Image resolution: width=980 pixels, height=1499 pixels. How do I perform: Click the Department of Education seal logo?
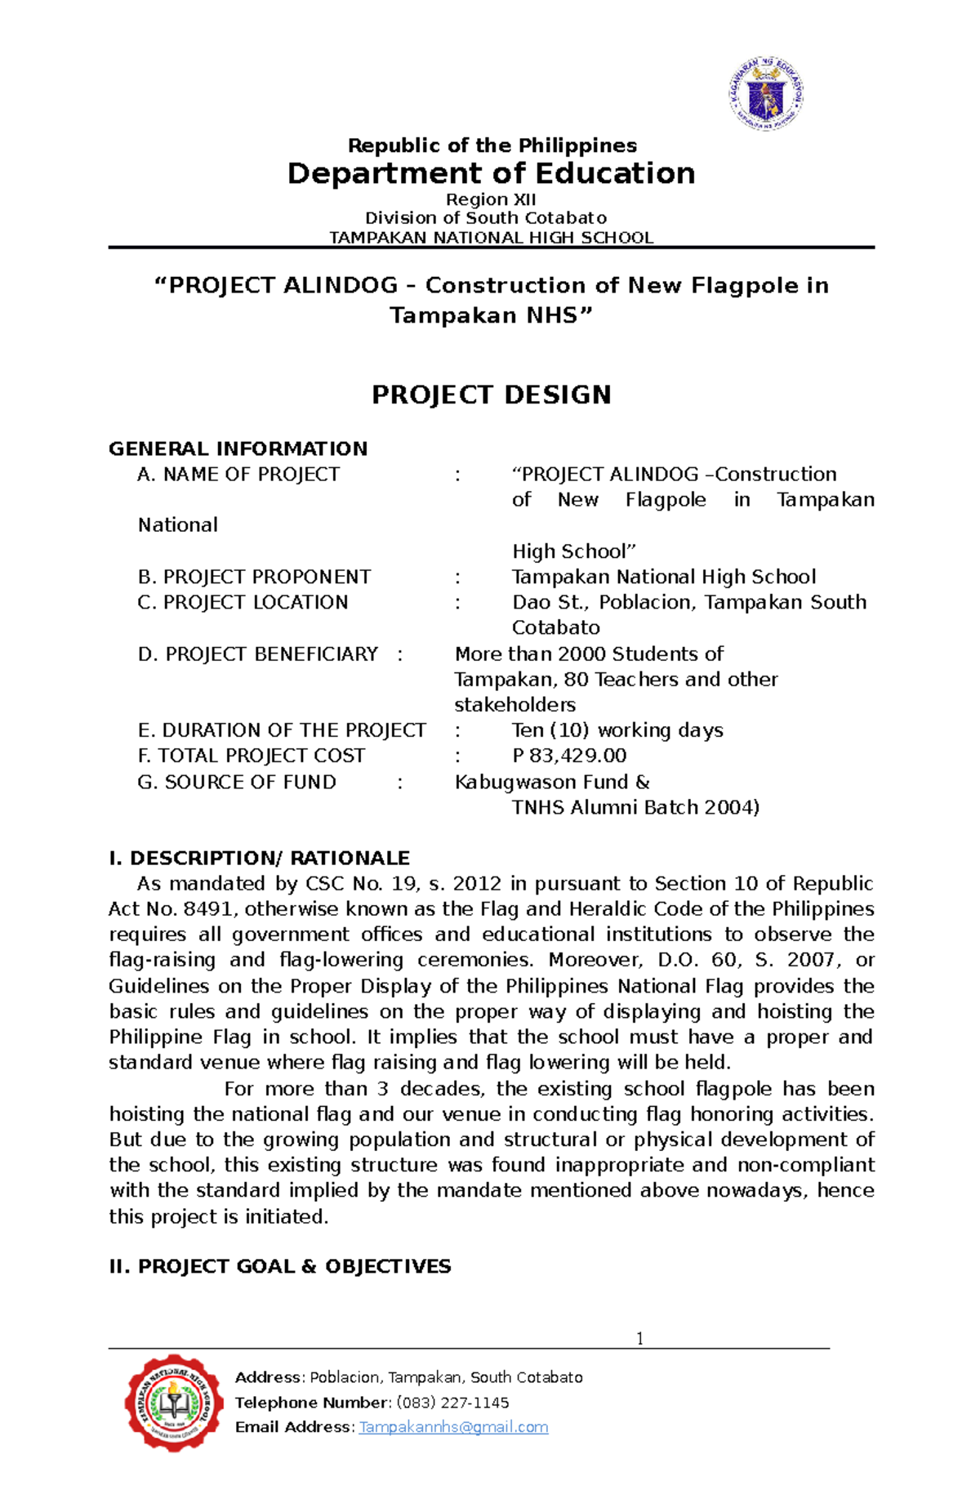point(766,95)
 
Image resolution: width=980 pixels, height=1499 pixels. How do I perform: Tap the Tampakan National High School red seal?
point(174,1402)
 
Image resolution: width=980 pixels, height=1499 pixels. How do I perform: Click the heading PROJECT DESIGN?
point(491,395)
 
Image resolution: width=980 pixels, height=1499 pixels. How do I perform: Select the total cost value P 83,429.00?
point(569,756)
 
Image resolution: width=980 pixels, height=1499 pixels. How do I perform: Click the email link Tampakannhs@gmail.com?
point(453,1427)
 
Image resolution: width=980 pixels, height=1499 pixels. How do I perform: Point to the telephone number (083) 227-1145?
point(452,1403)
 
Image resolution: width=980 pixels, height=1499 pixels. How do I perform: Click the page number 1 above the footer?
point(639,1338)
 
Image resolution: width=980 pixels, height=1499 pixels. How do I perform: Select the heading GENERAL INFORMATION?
point(238,448)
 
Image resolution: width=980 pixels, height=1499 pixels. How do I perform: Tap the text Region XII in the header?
point(491,199)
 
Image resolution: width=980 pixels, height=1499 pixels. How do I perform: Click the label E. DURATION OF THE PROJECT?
point(282,730)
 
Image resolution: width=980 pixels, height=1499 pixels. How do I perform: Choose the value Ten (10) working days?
point(617,730)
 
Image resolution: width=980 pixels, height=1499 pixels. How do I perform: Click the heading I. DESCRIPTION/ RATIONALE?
point(259,858)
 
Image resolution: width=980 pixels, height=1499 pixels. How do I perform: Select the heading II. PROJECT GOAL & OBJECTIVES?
point(279,1266)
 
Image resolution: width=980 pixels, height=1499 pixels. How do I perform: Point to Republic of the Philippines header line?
point(492,145)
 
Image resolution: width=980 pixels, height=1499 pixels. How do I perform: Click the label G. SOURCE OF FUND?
point(237,782)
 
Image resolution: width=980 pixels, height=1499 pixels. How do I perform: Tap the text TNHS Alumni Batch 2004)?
point(635,807)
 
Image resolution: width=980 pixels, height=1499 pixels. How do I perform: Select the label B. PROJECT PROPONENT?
point(254,577)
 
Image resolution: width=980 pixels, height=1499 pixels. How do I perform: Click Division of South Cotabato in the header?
point(486,218)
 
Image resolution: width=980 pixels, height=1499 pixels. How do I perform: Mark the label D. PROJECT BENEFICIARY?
point(257,654)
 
